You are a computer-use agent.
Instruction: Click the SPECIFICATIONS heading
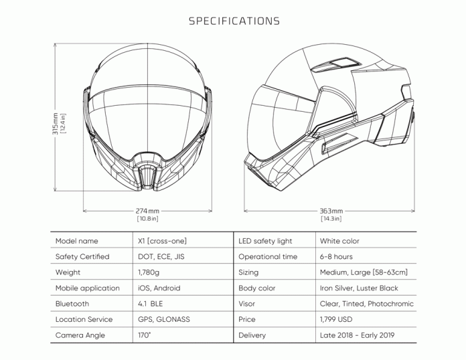click(234, 21)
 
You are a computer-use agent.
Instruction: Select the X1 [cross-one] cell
click(161, 241)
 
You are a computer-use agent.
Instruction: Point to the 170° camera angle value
click(143, 335)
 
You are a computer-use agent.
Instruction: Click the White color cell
click(340, 241)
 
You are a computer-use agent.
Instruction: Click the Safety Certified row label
click(82, 257)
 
